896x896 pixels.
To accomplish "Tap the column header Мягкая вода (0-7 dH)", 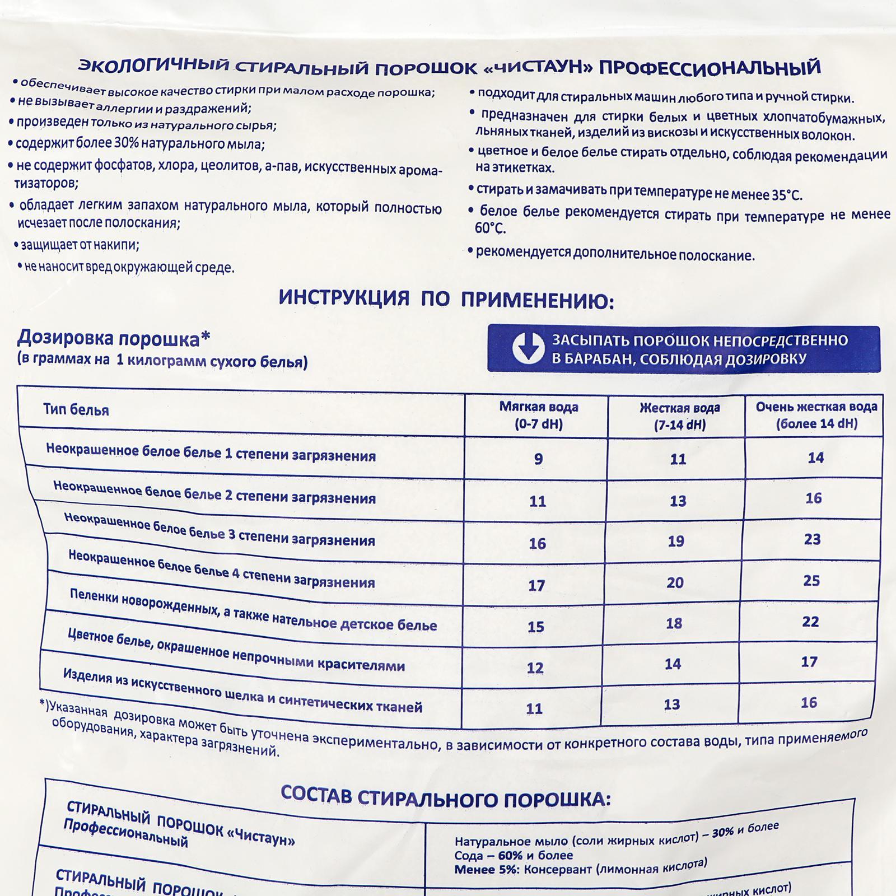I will (538, 415).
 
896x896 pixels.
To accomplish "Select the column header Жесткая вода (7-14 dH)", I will (679, 416).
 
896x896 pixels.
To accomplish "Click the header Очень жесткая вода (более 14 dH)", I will (816, 415).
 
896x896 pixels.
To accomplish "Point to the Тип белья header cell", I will (76, 409).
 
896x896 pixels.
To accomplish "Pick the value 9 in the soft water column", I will (538, 459).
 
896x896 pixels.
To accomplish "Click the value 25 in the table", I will (811, 581).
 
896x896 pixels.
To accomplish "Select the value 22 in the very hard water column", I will (810, 622).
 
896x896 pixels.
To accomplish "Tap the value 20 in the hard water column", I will (675, 582).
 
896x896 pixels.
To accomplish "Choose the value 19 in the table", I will (676, 541).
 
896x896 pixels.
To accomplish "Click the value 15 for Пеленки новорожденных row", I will (536, 627).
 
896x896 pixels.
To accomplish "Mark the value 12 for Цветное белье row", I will (535, 668).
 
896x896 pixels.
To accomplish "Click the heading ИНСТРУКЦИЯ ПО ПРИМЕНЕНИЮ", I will (446, 300).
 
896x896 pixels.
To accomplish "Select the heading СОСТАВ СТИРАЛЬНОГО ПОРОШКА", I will (445, 797).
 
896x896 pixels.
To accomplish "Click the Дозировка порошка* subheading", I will (114, 338).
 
